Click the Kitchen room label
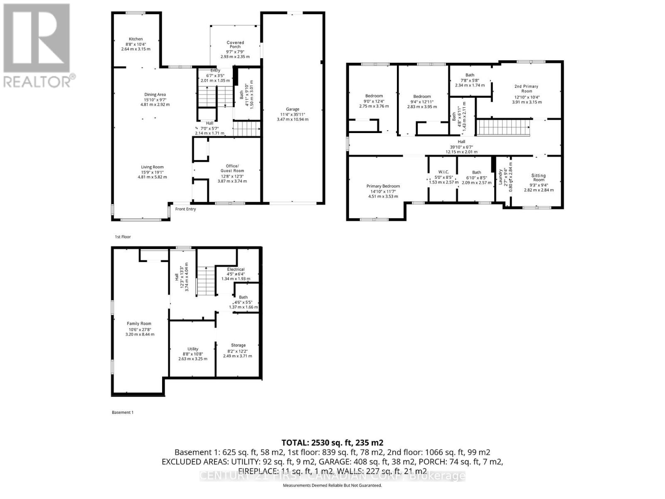(x=135, y=39)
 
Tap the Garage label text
(x=293, y=109)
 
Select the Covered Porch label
(x=235, y=44)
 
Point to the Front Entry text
(x=185, y=209)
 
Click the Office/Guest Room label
(x=232, y=168)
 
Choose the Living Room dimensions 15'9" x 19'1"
(x=152, y=172)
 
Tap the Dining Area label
(x=155, y=94)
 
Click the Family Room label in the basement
(x=139, y=324)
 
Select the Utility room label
(x=193, y=349)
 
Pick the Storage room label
(x=238, y=345)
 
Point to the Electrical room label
(x=236, y=269)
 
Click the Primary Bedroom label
(x=383, y=186)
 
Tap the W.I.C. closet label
(x=443, y=172)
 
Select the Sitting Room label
(x=539, y=178)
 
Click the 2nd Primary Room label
(x=527, y=89)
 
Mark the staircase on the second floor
(x=504, y=127)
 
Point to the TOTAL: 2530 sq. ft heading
(x=332, y=442)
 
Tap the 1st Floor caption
(x=123, y=237)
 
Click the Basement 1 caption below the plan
(x=123, y=413)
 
